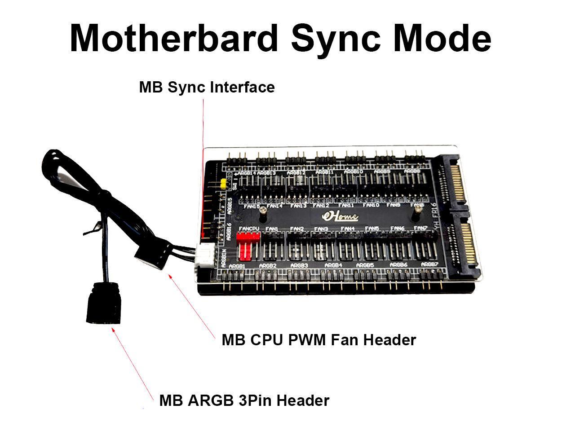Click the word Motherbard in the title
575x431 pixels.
coord(173,39)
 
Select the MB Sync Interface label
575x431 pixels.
coord(207,87)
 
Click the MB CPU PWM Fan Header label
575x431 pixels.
coord(318,340)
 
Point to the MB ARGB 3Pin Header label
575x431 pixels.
coord(244,400)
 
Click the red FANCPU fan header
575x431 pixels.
coord(245,250)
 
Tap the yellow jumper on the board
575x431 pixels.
coord(223,184)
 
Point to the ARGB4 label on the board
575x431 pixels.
coord(333,265)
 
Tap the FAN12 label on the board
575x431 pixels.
coord(321,206)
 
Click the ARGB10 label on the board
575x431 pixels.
coord(353,172)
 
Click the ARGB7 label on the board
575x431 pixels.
coord(429,264)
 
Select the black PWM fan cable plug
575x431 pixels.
coord(152,256)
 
